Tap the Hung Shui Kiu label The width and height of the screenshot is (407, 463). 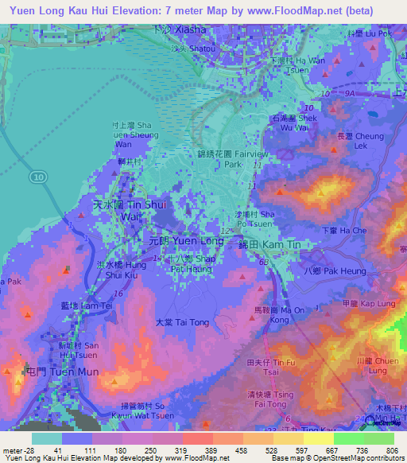(x=124, y=270)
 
